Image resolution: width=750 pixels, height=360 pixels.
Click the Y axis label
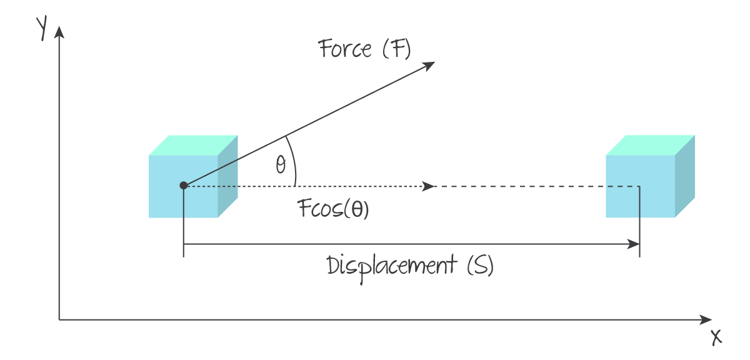[x=42, y=28]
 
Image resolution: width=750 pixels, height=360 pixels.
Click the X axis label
[x=716, y=337]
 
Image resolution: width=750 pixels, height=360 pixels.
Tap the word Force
[x=345, y=49]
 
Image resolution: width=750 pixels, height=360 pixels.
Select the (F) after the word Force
[x=396, y=49]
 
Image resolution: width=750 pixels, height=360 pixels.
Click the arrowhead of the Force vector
[x=430, y=64]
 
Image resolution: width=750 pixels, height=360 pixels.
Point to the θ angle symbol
[x=281, y=166]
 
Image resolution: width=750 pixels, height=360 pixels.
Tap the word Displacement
[x=392, y=266]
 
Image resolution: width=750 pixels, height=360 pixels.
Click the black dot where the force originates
[x=183, y=186]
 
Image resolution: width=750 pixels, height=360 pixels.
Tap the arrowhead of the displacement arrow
[x=635, y=244]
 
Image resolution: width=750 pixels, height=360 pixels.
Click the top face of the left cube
[x=194, y=145]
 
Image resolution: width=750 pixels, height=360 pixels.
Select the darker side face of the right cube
[x=685, y=176]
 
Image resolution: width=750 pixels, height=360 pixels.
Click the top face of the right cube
[x=651, y=145]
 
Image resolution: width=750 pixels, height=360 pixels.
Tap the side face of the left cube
[x=228, y=176]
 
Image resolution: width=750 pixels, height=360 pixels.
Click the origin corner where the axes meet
[x=59, y=320]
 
